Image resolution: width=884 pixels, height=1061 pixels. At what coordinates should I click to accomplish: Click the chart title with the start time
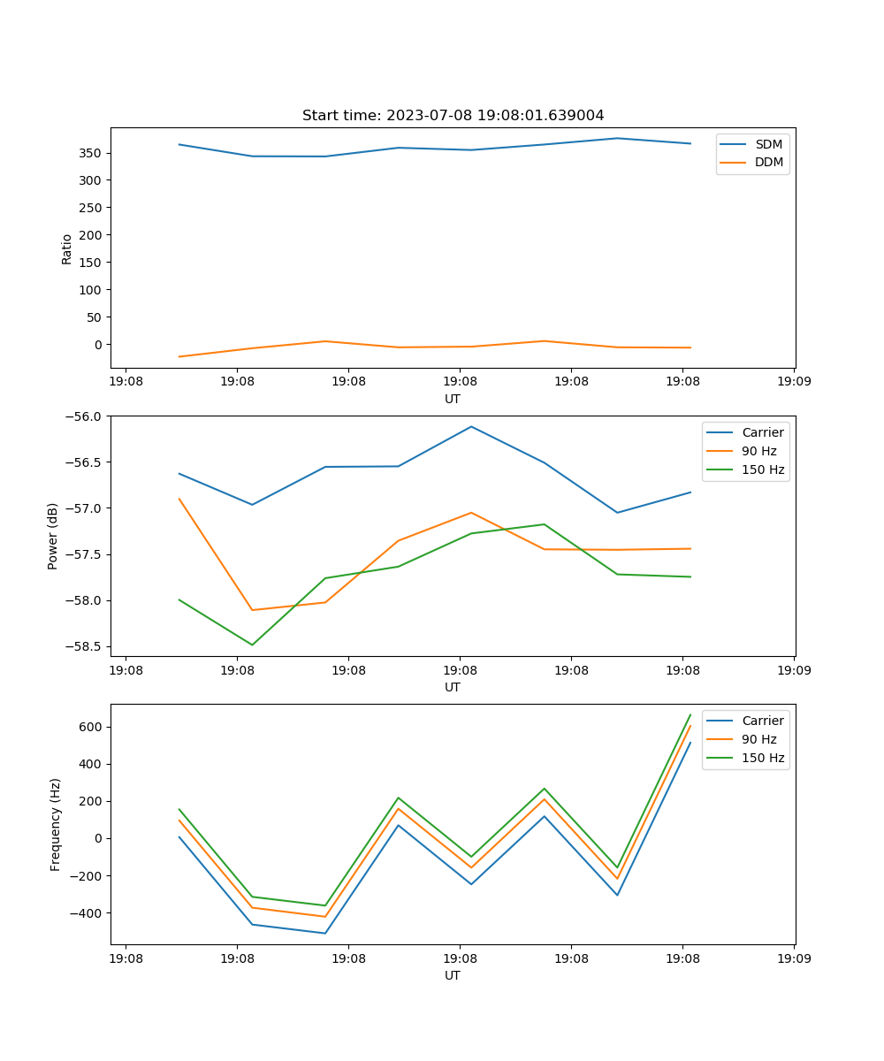(x=453, y=116)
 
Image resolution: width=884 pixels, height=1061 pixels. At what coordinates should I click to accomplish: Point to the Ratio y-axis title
(x=67, y=248)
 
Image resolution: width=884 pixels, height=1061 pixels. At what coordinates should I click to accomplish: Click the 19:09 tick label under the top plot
(x=793, y=382)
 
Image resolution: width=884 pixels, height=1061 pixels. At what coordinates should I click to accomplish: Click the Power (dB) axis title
(x=54, y=536)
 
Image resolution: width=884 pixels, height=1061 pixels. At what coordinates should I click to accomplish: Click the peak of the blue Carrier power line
(x=471, y=426)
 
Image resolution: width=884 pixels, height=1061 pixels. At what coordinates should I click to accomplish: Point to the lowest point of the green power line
(x=252, y=645)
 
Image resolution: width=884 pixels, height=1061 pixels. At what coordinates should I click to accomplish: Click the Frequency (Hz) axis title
(x=56, y=824)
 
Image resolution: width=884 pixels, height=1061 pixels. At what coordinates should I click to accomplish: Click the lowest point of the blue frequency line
(x=325, y=933)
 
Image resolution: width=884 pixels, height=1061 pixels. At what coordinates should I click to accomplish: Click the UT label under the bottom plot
(x=453, y=975)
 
